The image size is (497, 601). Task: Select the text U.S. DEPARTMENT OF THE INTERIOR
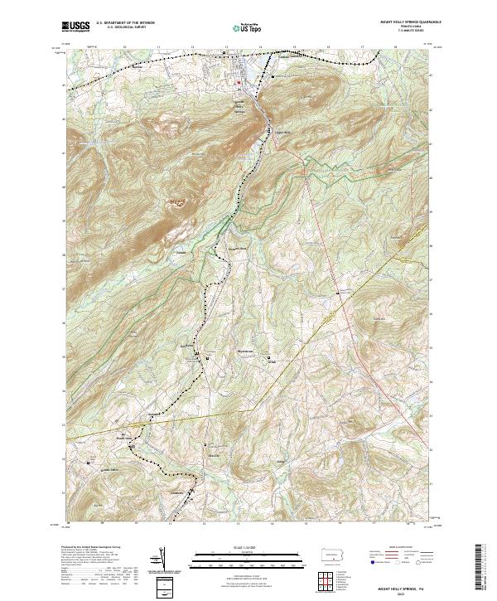pos(125,24)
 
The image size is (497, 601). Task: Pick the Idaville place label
pos(214,455)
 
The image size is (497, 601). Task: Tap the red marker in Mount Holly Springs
pos(239,82)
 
